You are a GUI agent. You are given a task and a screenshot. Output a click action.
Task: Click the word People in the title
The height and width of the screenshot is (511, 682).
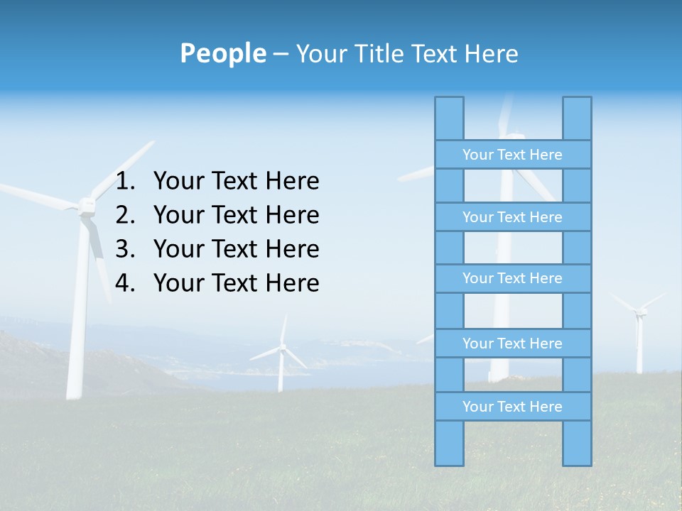pos(222,53)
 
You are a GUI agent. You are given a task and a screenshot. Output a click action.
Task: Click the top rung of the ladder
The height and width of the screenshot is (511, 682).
pos(512,155)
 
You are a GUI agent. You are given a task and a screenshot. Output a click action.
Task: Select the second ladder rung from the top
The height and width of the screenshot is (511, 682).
pos(512,217)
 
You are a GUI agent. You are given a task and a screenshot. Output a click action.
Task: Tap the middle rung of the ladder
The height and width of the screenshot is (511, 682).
pos(512,278)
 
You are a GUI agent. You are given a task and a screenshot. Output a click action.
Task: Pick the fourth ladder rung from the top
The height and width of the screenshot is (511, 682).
pos(512,344)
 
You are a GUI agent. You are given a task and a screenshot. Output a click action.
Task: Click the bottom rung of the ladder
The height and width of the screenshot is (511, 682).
pos(512,407)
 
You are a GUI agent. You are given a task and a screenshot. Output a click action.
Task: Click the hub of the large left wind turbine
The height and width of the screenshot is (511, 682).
pos(87,206)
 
